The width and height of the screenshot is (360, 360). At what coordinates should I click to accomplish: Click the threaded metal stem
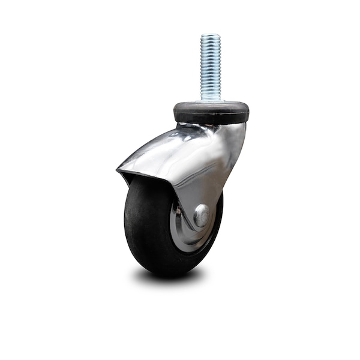coord(211,66)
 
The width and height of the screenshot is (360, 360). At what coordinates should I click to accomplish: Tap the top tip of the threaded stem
coord(211,35)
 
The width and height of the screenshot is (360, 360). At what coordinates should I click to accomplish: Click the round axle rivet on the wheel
coord(202,215)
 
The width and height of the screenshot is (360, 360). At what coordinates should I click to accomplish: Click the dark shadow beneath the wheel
coord(168,277)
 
